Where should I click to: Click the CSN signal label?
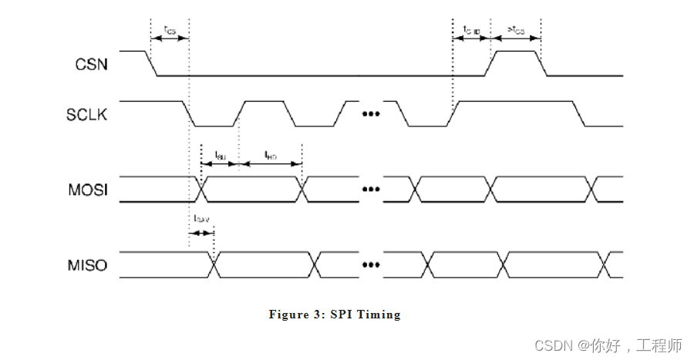point(92,64)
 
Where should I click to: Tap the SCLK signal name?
point(87,115)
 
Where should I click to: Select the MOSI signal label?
point(89,190)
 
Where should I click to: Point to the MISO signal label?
point(88,267)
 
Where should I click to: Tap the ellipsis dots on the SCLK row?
point(372,115)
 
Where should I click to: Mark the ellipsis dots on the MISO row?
point(372,266)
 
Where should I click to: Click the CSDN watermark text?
point(552,345)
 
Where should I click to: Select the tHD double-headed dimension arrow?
point(271,163)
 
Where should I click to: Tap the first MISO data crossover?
point(214,265)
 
